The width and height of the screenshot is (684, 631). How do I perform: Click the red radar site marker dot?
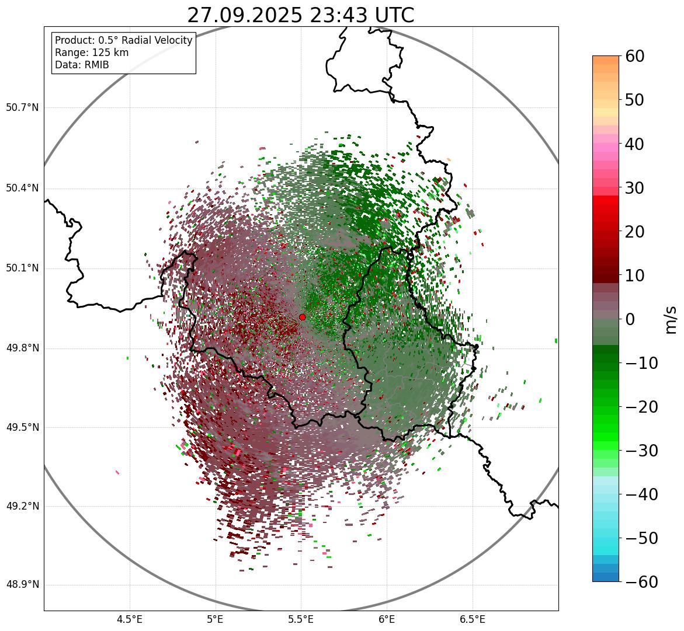click(302, 317)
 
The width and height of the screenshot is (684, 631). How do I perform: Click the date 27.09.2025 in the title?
click(245, 16)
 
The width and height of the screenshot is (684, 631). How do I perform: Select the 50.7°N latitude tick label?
click(22, 107)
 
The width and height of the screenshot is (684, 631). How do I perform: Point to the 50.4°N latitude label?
click(22, 188)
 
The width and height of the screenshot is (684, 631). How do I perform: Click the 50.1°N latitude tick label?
click(22, 268)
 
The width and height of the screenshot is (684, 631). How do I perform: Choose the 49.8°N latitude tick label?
click(22, 348)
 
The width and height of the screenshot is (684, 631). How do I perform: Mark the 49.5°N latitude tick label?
click(22, 427)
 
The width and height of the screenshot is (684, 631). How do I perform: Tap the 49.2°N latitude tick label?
click(22, 506)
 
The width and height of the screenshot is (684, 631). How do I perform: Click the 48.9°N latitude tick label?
click(22, 585)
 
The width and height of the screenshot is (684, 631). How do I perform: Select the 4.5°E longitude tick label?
click(130, 619)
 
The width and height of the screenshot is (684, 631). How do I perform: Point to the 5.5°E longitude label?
click(301, 619)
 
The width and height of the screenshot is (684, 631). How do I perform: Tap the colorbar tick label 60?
click(636, 57)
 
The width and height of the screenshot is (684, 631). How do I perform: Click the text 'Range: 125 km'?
click(92, 53)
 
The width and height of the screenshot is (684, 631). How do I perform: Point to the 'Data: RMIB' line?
click(82, 65)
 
